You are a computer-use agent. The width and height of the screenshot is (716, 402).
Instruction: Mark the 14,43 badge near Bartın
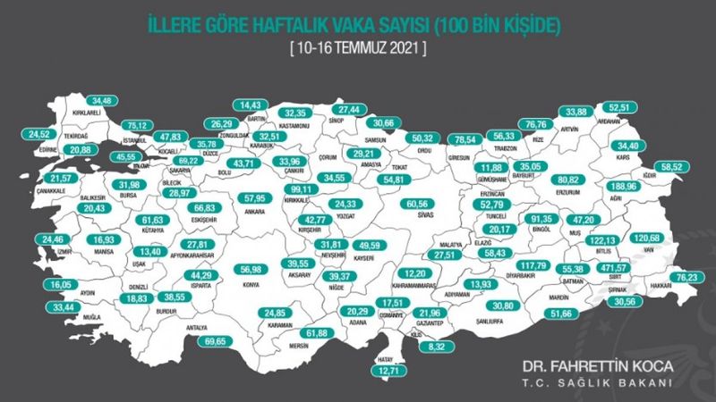(x=249, y=105)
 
